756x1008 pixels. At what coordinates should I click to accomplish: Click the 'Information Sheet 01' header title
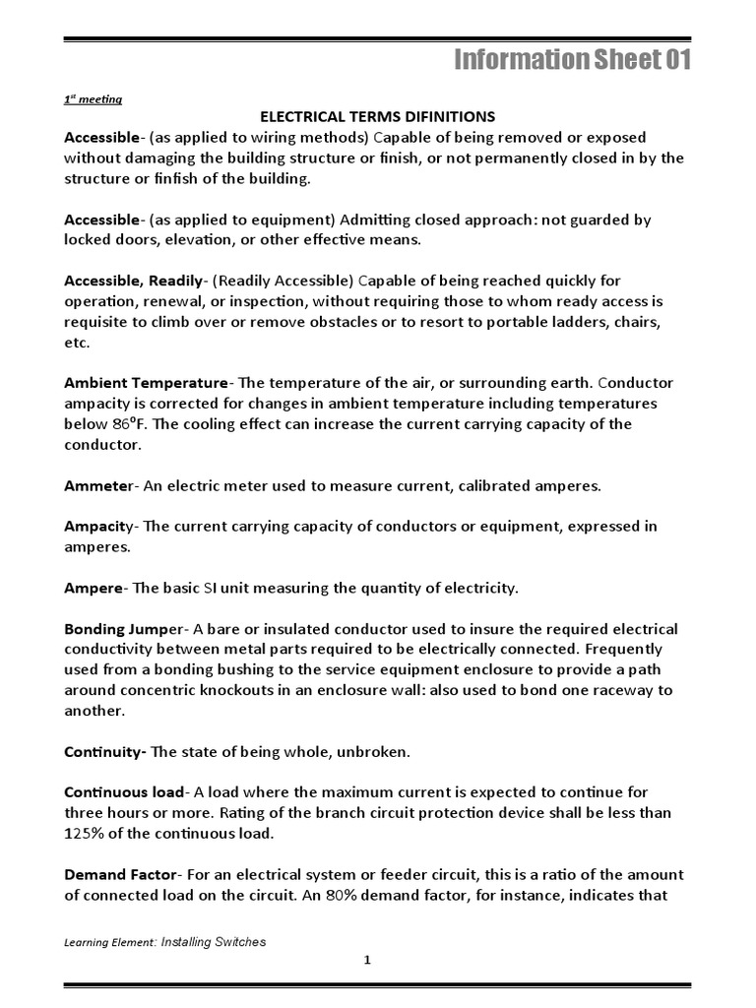[572, 61]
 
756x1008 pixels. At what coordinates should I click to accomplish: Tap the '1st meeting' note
[93, 98]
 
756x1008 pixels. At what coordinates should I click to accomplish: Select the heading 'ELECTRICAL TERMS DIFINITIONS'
[377, 117]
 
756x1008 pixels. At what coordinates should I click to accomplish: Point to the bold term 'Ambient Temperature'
[146, 383]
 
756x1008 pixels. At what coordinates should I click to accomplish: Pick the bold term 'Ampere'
[94, 588]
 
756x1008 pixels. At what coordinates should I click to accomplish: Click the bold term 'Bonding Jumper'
[123, 629]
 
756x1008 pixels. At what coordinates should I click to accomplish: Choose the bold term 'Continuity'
[104, 752]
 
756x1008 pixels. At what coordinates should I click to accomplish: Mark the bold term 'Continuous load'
[124, 792]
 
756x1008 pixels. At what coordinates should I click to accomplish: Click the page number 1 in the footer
[366, 962]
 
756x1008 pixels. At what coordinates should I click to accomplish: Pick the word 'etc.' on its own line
[77, 342]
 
